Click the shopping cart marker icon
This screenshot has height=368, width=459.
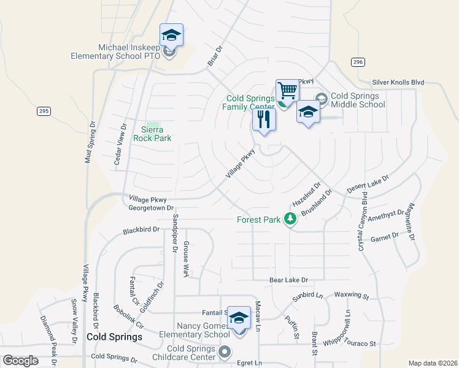point(287,91)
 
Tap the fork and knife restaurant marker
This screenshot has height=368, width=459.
point(264,119)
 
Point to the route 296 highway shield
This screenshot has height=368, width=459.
point(358,63)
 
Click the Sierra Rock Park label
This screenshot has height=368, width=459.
point(153,134)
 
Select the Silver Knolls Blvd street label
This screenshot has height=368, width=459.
point(398,82)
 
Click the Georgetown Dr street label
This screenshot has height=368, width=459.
point(152,208)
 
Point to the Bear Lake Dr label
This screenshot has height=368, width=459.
point(288,280)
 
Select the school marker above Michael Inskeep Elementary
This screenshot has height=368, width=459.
point(171,35)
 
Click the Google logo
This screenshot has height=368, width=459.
point(20,361)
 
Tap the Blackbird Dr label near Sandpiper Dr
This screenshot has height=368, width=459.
point(141,230)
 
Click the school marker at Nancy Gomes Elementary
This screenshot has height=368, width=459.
point(239,318)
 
